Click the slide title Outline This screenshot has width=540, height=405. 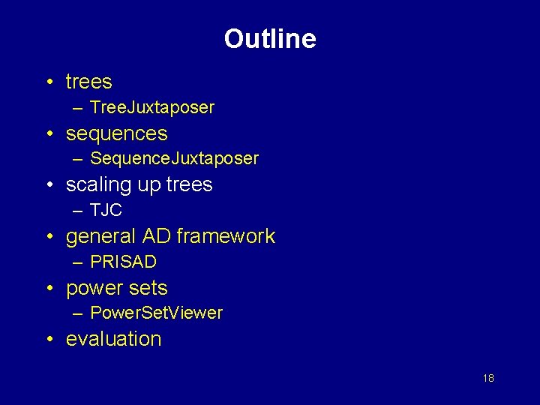click(270, 39)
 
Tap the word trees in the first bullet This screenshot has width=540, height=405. click(88, 82)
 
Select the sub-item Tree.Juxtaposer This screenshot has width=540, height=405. click(152, 107)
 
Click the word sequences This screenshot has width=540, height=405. click(116, 133)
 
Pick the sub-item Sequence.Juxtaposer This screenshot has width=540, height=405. click(174, 159)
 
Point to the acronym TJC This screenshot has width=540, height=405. click(106, 211)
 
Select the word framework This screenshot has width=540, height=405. click(226, 236)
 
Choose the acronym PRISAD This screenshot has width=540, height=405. click(123, 262)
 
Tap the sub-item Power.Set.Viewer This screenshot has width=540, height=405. click(156, 313)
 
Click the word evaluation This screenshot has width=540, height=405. click(113, 339)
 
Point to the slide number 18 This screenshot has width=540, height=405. click(488, 378)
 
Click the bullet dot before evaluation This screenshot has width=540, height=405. click(48, 340)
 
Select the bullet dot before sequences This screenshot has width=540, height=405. click(48, 134)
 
